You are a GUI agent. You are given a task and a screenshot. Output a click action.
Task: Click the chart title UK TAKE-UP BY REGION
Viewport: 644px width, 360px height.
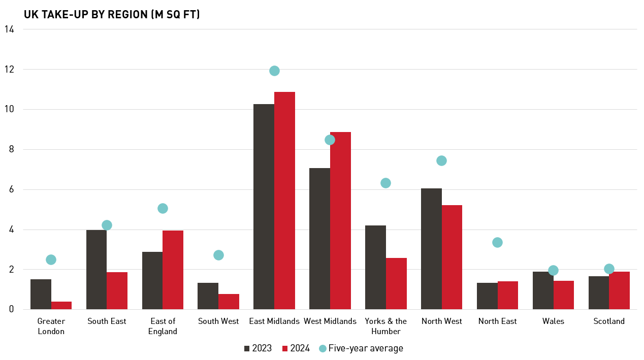(x=112, y=15)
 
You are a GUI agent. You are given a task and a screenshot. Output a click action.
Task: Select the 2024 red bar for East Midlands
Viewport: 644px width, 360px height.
(x=284, y=201)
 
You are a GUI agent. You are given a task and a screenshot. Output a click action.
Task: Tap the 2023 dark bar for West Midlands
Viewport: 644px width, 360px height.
(x=319, y=239)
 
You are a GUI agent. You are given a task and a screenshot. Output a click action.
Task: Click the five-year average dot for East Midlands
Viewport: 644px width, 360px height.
(x=274, y=71)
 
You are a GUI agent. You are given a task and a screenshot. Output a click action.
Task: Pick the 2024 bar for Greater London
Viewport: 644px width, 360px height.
(x=61, y=305)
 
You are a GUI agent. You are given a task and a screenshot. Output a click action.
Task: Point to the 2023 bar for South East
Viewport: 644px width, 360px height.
(x=96, y=270)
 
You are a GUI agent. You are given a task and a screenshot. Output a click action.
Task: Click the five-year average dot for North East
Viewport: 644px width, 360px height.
(x=497, y=242)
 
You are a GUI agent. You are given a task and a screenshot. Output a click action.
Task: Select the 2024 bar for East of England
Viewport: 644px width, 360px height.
(x=173, y=270)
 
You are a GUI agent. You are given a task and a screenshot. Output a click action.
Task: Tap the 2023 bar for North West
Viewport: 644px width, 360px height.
(x=431, y=249)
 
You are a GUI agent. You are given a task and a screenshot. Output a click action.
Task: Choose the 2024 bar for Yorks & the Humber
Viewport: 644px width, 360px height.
(x=396, y=283)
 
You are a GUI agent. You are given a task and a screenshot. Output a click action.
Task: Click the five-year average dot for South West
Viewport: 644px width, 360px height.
(x=218, y=255)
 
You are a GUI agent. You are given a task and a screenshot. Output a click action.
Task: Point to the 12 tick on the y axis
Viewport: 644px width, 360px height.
(x=9, y=69)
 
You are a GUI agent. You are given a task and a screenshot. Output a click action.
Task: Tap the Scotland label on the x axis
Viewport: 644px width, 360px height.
(x=609, y=321)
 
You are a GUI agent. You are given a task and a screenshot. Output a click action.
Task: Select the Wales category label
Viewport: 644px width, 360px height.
(x=553, y=321)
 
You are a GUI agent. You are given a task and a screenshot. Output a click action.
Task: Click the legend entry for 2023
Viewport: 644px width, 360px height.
(x=257, y=348)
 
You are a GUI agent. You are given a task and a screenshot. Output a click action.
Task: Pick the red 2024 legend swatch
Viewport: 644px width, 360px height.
(x=285, y=348)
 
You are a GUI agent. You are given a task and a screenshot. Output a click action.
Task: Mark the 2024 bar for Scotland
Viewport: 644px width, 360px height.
(x=619, y=290)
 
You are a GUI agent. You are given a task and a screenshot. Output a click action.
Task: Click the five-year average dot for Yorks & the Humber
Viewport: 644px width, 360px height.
(x=385, y=183)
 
